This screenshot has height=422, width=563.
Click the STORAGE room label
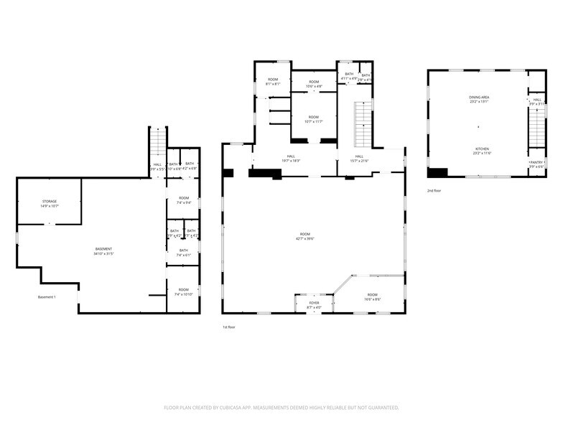[x=49, y=203]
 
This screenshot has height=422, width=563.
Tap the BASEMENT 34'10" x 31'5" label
[x=103, y=251]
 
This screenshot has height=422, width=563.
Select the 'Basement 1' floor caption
[x=47, y=297]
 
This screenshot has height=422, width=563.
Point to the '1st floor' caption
[x=229, y=327]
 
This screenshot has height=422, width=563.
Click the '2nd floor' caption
[x=434, y=191]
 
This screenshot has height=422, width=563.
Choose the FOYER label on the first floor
[x=315, y=305]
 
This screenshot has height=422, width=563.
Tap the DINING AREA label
[x=479, y=99]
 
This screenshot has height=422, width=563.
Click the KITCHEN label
[x=481, y=151]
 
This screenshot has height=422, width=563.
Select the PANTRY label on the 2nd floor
[x=536, y=164]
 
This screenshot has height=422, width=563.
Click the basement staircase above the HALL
[x=158, y=141]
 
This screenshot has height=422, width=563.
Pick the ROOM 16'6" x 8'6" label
[x=372, y=296]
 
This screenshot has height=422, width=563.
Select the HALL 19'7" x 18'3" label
[x=291, y=159]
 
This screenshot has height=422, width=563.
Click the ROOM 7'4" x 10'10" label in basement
[x=184, y=291]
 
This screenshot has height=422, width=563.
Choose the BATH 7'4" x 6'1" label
[x=184, y=253]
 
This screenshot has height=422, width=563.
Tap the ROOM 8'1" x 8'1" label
[x=273, y=81]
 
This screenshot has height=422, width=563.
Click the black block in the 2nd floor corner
[x=437, y=172]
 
